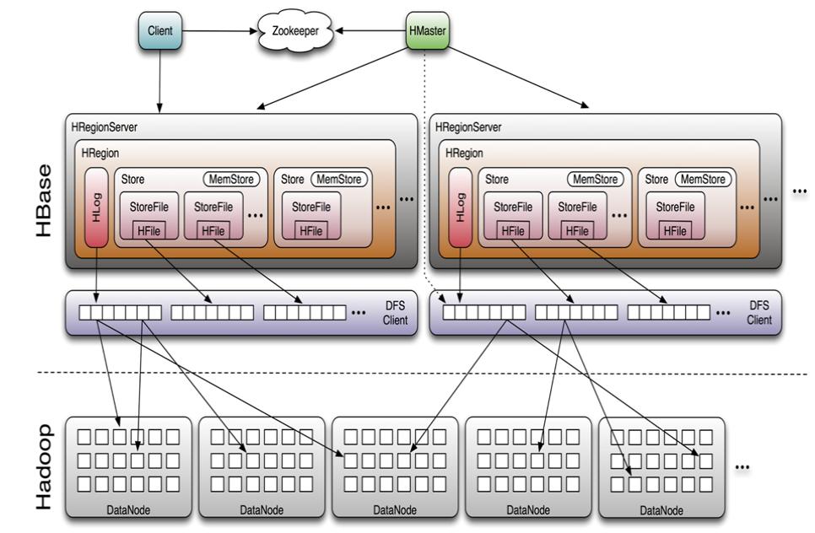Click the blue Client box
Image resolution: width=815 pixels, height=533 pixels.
pyautogui.click(x=159, y=31)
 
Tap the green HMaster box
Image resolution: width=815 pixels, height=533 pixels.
pyautogui.click(x=426, y=31)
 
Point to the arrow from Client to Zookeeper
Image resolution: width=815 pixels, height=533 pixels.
pyautogui.click(x=219, y=32)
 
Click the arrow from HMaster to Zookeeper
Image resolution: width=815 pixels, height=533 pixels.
pyautogui.click(x=371, y=32)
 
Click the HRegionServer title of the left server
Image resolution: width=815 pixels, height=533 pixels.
pyautogui.click(x=105, y=127)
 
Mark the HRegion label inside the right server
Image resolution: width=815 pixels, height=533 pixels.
pyautogui.click(x=464, y=153)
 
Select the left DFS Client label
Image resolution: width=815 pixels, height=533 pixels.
pyautogui.click(x=394, y=314)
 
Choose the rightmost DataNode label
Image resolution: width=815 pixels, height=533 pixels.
pyautogui.click(x=661, y=510)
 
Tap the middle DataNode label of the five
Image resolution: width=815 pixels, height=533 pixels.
pyautogui.click(x=395, y=510)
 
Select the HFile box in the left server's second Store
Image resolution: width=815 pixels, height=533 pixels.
pyautogui.click(x=310, y=230)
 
